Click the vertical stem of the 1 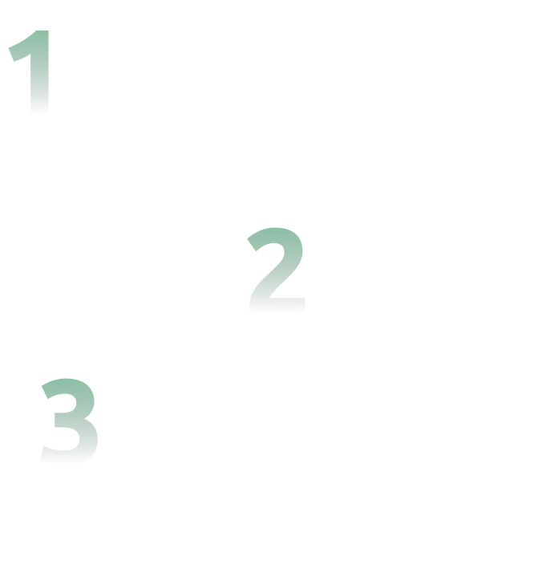(x=39, y=71)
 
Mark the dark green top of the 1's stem (x=42, y=32)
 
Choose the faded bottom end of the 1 (x=39, y=111)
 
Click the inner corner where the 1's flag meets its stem (x=30, y=55)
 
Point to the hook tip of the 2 (x=252, y=245)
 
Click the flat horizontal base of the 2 (x=277, y=305)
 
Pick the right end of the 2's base (x=305, y=305)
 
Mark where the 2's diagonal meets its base (x=268, y=298)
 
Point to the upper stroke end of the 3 (x=45, y=392)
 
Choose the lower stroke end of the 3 (x=42, y=453)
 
